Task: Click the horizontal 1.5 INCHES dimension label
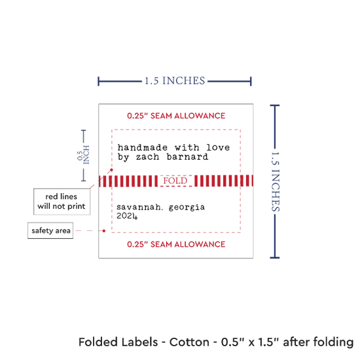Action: point(175,81)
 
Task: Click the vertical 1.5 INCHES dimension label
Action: point(276,181)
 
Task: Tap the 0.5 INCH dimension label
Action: point(83,155)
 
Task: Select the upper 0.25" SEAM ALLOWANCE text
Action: point(176,116)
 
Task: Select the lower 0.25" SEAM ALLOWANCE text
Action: point(176,244)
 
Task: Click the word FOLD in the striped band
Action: point(175,181)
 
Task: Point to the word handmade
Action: point(143,147)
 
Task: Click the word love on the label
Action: point(218,147)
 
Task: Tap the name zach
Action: point(147,157)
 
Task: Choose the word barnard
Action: point(188,157)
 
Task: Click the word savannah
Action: point(139,207)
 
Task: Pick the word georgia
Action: point(187,207)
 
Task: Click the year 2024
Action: point(127,216)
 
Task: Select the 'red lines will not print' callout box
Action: point(62,202)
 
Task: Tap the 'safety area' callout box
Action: point(50,230)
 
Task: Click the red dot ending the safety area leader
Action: point(104,231)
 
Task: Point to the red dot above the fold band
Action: point(111,170)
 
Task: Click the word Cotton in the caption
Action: point(189,342)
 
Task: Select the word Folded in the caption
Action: point(98,342)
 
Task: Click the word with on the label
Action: point(187,147)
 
